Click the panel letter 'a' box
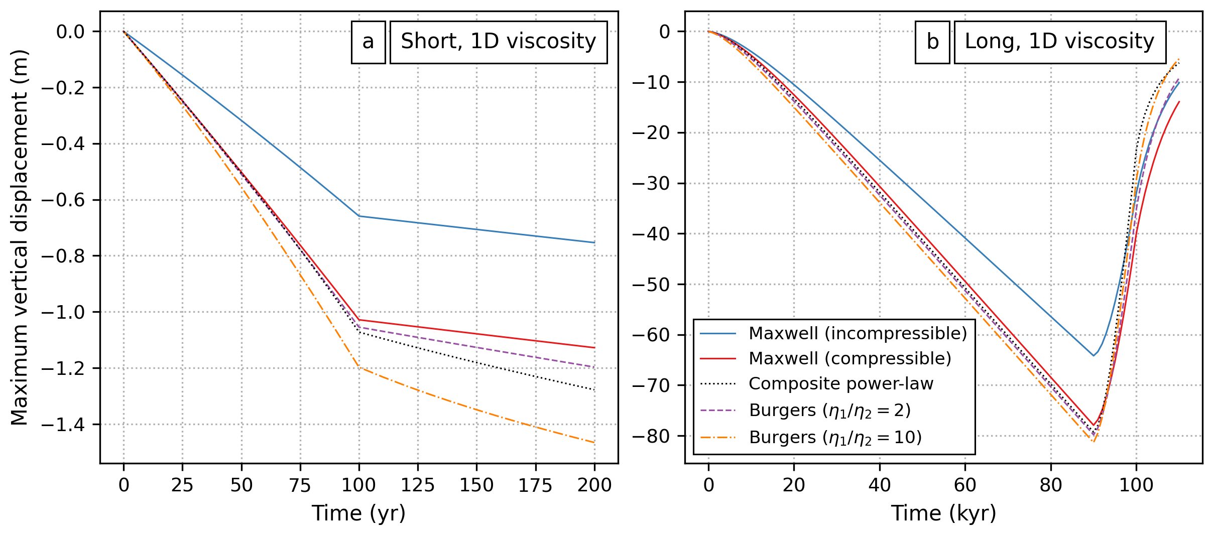(x=368, y=42)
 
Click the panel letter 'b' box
(x=932, y=42)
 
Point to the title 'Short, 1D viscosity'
(x=498, y=42)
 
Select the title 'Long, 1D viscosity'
(x=1059, y=42)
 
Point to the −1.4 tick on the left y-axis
(x=63, y=425)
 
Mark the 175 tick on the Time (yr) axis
(x=535, y=485)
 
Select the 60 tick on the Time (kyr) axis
(x=965, y=485)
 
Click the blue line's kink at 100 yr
(x=359, y=216)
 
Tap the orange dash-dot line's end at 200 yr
(x=594, y=443)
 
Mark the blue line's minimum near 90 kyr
(x=1093, y=356)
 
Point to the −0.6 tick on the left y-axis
(x=63, y=200)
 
